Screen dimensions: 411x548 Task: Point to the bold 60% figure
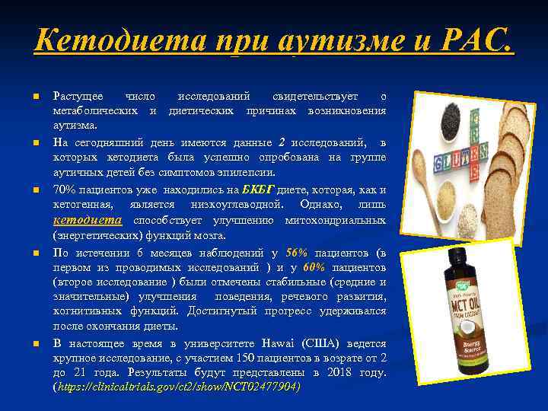tap(314, 268)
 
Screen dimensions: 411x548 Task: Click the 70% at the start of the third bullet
tap(64, 190)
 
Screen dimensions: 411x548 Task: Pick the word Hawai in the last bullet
tap(250, 343)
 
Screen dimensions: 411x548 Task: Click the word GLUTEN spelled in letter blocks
tap(454, 163)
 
